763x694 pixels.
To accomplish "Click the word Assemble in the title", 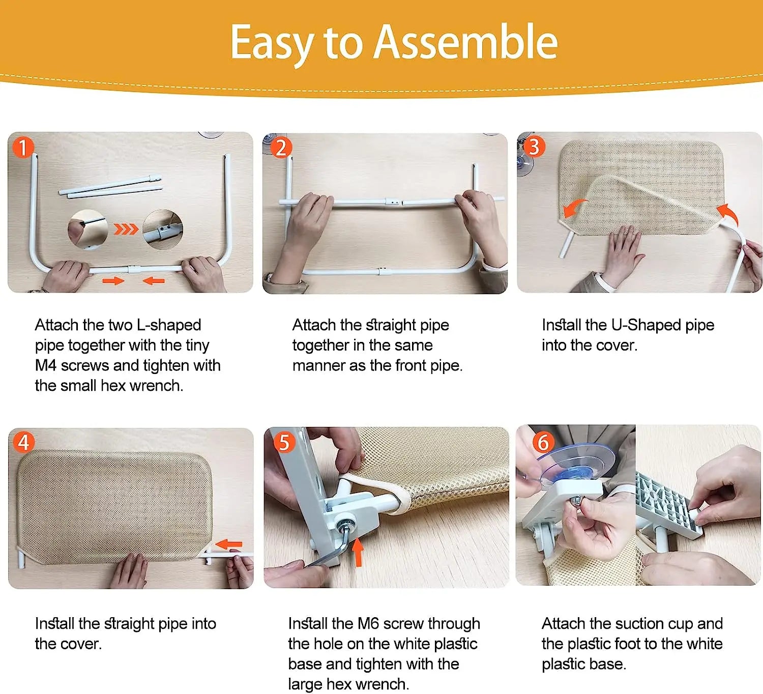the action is (x=465, y=42).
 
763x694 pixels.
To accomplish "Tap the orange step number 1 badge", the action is (x=23, y=147).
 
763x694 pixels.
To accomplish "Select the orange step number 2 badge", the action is (x=281, y=148).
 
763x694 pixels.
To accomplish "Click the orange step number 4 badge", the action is (x=23, y=442).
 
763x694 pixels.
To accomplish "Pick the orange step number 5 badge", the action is (x=284, y=442).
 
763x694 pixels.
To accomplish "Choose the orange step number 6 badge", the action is (x=543, y=442).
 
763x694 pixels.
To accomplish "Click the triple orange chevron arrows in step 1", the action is (x=125, y=229).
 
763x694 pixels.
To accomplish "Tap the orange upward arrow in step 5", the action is (x=358, y=552).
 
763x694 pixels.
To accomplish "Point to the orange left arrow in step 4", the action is (x=228, y=544).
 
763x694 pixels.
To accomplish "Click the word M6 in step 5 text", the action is (x=368, y=624).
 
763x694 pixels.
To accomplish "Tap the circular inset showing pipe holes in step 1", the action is (x=163, y=229).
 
